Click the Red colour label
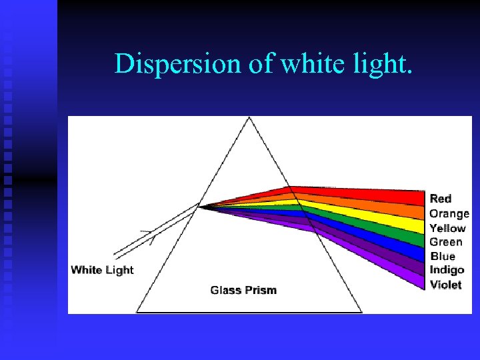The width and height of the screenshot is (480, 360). [441, 199]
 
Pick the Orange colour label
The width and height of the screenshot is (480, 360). [449, 214]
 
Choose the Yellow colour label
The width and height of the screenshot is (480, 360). [447, 228]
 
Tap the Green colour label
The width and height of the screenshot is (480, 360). [445, 242]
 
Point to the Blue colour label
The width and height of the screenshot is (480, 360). [443, 256]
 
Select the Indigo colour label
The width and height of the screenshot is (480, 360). [447, 270]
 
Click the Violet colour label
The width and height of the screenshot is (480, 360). [445, 285]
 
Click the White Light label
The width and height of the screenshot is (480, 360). [102, 270]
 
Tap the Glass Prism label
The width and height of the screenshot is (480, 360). [243, 290]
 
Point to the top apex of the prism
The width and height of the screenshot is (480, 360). [249, 117]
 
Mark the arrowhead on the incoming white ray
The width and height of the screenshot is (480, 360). [151, 235]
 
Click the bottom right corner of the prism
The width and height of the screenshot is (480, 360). [361, 312]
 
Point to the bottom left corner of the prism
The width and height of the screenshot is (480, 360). [137, 312]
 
